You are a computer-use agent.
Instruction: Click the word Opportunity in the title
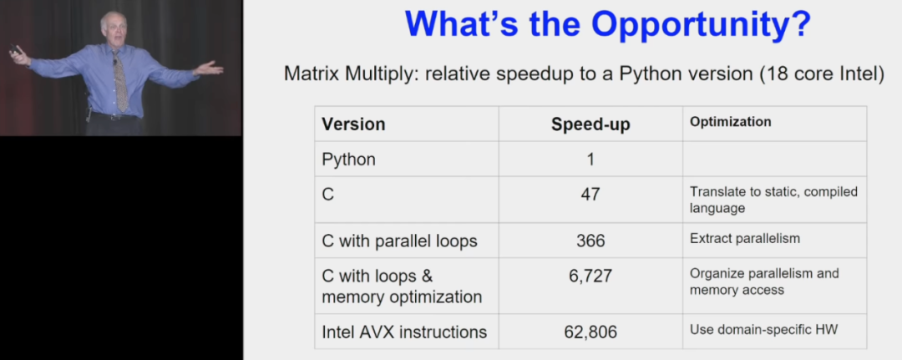(x=701, y=24)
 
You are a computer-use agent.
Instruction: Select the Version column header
(x=353, y=124)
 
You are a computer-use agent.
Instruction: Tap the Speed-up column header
(x=590, y=124)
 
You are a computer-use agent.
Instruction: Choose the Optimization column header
(x=730, y=122)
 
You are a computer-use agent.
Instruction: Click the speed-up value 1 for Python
(x=590, y=159)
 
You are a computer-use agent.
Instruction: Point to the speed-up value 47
(x=590, y=194)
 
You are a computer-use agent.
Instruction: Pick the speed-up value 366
(x=590, y=240)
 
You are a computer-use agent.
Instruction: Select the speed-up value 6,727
(x=590, y=276)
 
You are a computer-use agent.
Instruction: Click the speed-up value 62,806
(x=590, y=332)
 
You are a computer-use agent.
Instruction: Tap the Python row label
(x=348, y=160)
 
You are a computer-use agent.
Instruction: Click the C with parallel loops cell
(x=399, y=241)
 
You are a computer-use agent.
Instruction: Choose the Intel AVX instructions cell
(x=404, y=332)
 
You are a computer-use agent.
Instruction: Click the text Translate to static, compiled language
(x=773, y=200)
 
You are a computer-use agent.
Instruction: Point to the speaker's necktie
(x=120, y=80)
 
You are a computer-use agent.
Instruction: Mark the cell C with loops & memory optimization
(x=402, y=286)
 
